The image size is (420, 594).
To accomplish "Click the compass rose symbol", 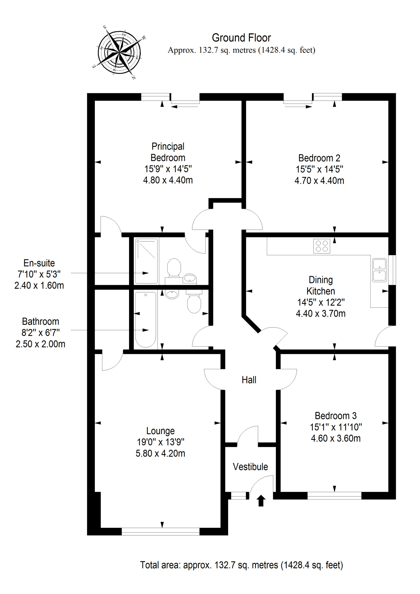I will [x=119, y=52].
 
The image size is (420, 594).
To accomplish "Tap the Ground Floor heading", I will [x=241, y=38].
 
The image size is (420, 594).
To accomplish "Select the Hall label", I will [x=249, y=380].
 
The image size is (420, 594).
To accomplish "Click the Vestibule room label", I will [x=250, y=467].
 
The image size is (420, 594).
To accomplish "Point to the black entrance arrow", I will [x=261, y=500].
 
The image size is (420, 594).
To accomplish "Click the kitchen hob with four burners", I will [x=322, y=246].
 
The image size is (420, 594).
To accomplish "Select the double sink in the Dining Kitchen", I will [x=379, y=270].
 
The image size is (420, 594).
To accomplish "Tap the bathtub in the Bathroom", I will [x=146, y=320].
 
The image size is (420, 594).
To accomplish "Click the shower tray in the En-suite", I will [x=146, y=261].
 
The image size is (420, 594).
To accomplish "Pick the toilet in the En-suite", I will [x=174, y=268].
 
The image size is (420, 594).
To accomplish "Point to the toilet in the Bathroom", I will [x=194, y=303].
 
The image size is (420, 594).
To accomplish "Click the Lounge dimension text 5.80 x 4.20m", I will [x=160, y=453].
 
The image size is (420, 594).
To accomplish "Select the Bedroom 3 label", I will [x=336, y=416].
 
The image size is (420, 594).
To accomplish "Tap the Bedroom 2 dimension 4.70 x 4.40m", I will [x=319, y=181].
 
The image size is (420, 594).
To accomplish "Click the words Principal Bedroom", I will [x=168, y=152].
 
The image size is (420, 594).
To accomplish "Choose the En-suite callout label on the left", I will [x=39, y=263].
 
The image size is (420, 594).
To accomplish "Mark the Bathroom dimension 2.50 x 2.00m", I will [x=40, y=344].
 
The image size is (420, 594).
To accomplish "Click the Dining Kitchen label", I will [x=321, y=285].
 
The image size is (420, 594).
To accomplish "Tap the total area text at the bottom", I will [x=241, y=565].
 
